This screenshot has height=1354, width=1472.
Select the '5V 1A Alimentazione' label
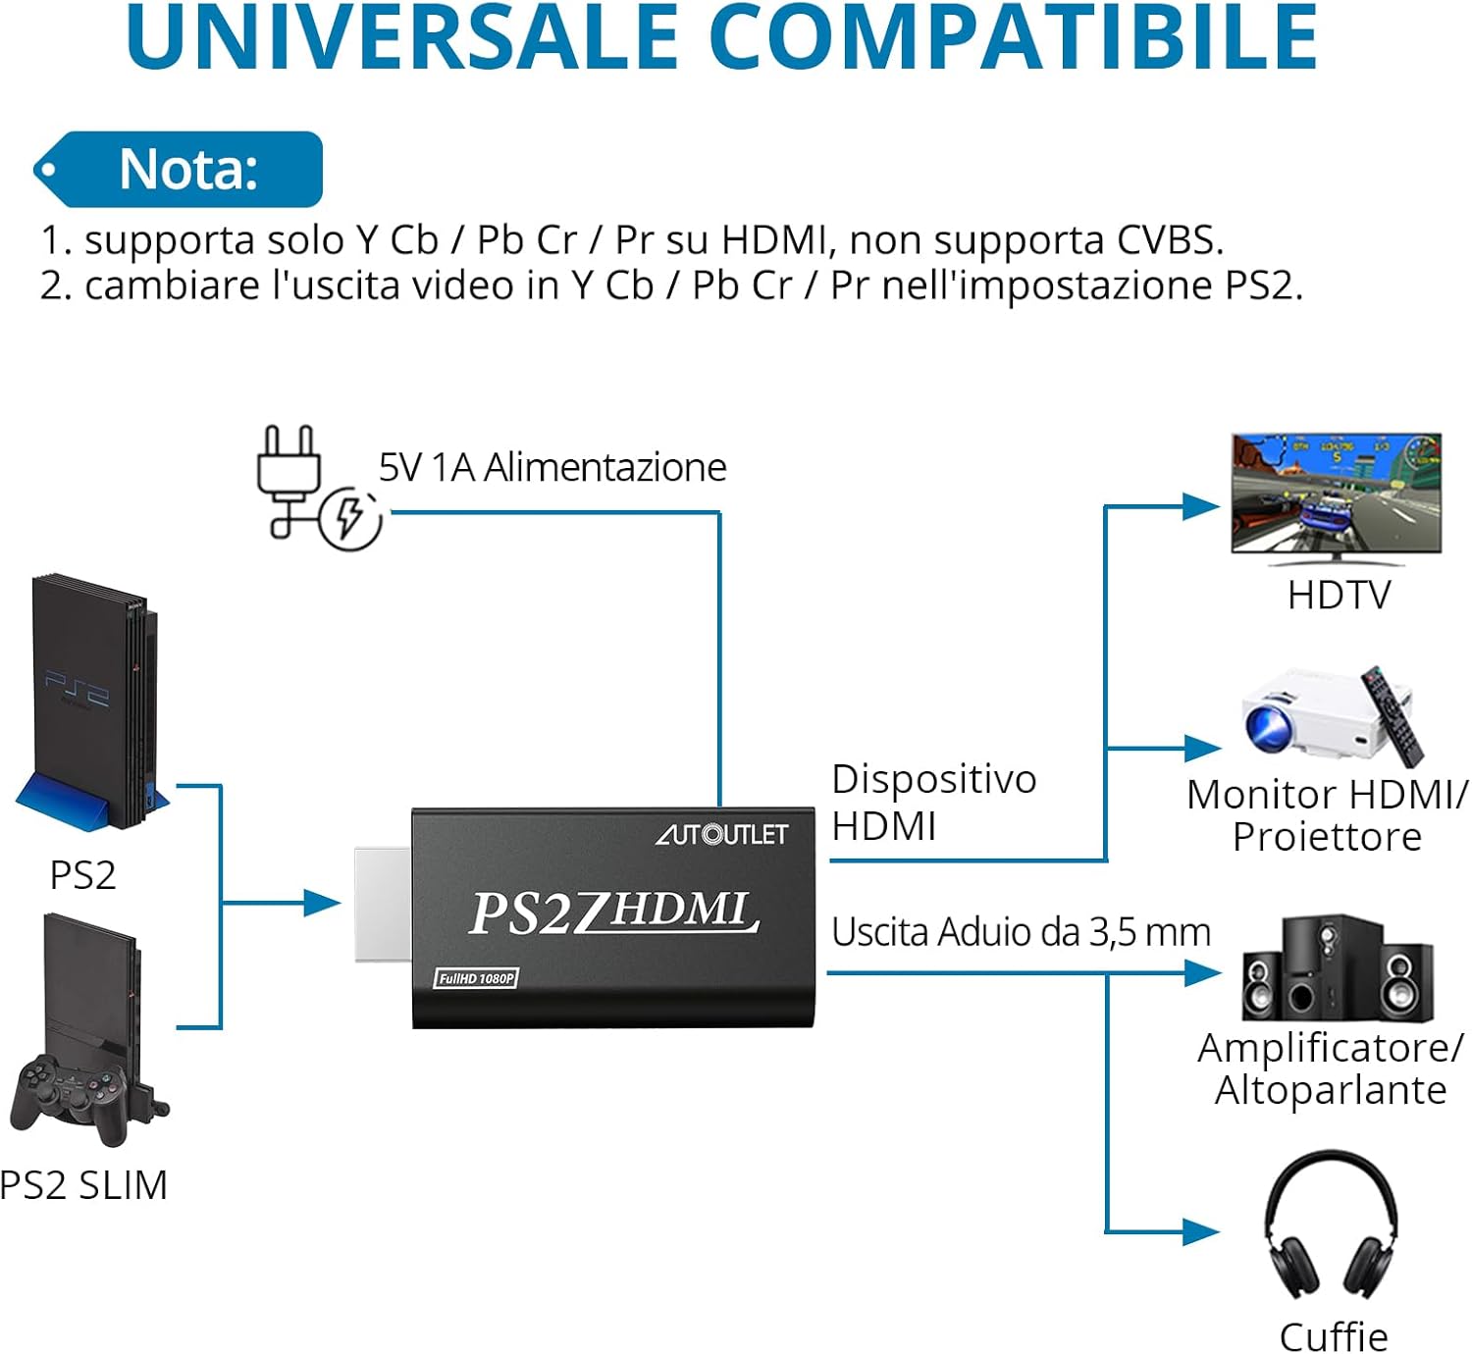point(552,468)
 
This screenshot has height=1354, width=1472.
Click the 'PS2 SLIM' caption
point(84,1185)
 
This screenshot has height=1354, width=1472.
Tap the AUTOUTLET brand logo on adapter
point(721,834)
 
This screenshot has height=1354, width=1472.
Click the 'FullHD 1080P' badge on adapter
point(476,978)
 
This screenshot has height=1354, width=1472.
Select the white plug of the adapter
point(383,904)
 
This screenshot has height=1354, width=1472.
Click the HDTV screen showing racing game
point(1337,495)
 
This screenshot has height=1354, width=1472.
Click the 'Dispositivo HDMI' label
point(933,802)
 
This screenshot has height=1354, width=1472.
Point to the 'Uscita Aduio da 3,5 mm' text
point(1021,932)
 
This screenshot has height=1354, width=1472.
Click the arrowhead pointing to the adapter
point(322,903)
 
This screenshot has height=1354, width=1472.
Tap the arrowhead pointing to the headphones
point(1200,1231)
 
